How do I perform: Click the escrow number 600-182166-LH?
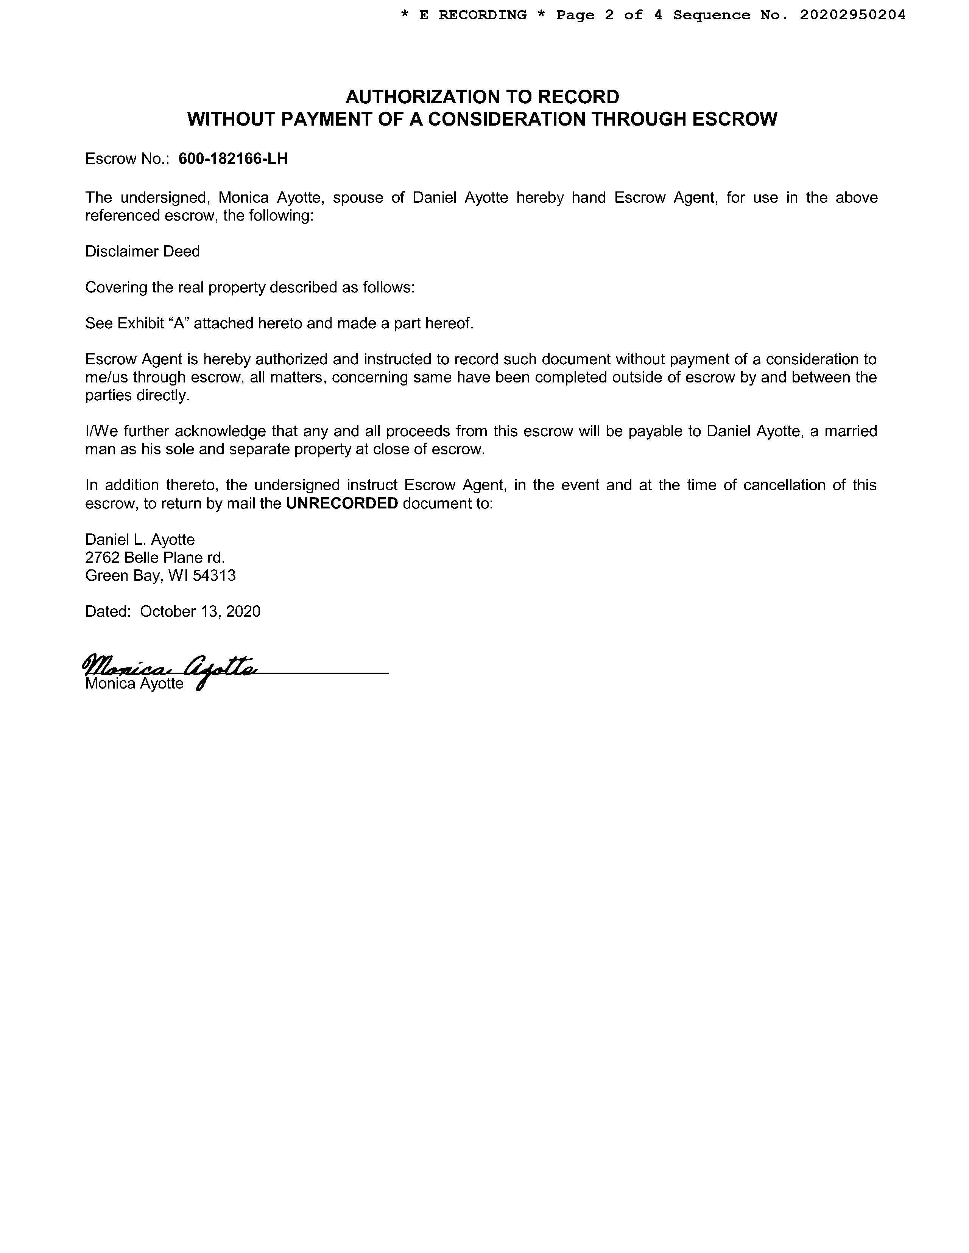pyautogui.click(x=233, y=159)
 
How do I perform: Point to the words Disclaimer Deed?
pyautogui.click(x=142, y=251)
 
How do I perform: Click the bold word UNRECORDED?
pyautogui.click(x=341, y=503)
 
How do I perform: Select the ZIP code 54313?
pyautogui.click(x=214, y=575)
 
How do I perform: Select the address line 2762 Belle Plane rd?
pyautogui.click(x=155, y=557)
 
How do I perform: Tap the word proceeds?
pyautogui.click(x=418, y=431)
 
